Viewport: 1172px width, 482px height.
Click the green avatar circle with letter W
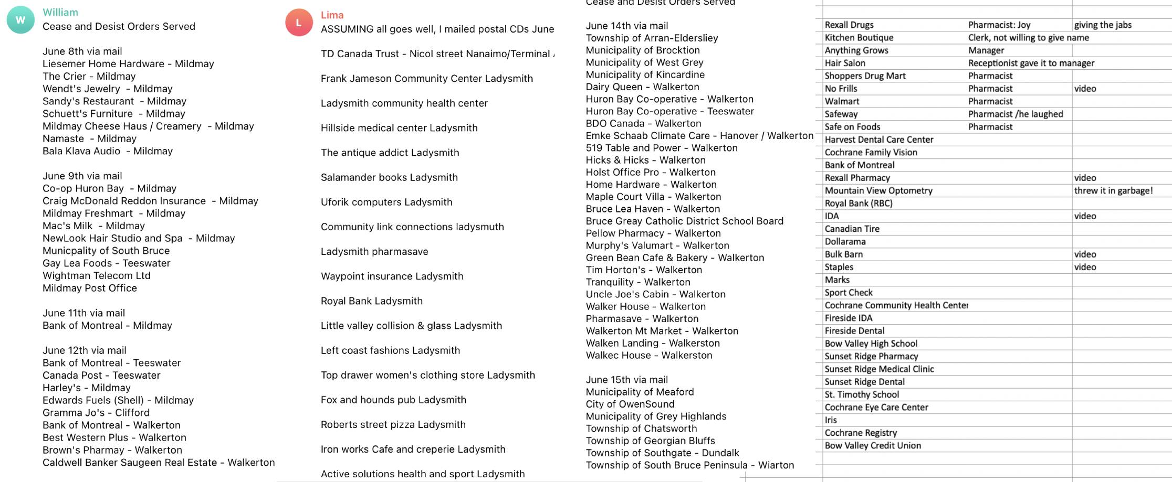(20, 20)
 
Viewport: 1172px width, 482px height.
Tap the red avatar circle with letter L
(299, 23)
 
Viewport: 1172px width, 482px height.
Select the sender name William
(60, 12)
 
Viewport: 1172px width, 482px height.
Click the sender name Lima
(332, 15)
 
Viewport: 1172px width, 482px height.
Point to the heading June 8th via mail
(82, 51)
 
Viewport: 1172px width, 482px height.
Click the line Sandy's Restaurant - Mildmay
(114, 101)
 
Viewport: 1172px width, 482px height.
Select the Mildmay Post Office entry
(90, 288)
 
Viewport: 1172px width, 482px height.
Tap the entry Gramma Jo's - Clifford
(96, 413)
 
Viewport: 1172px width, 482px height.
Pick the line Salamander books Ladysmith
(389, 177)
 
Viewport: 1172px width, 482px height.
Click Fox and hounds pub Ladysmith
(393, 400)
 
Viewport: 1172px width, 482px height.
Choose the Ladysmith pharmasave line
(374, 251)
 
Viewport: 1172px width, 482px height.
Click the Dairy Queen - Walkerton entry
(642, 87)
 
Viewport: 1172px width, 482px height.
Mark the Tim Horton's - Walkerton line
(644, 270)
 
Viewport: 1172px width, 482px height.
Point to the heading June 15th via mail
(627, 380)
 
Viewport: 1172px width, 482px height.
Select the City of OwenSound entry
(630, 404)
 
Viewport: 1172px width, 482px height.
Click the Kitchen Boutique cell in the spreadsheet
(859, 38)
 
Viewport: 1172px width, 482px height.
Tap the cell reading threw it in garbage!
(1113, 190)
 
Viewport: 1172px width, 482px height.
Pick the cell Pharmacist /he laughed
(1016, 114)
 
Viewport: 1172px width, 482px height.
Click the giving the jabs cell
(1103, 25)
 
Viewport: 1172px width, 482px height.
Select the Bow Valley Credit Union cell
(873, 445)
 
